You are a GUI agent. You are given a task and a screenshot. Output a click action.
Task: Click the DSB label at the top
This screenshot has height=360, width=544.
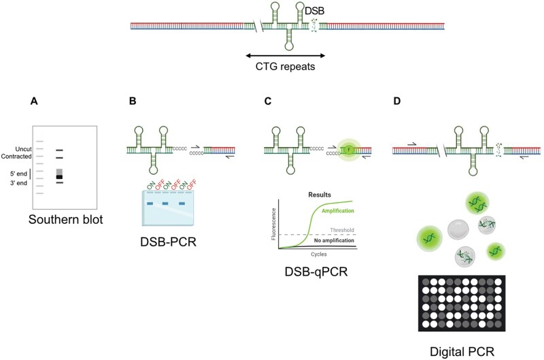[314, 12]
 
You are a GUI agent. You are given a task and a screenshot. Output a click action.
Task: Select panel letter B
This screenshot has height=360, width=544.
[133, 101]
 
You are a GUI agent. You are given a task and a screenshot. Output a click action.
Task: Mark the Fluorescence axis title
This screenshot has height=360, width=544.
[272, 222]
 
